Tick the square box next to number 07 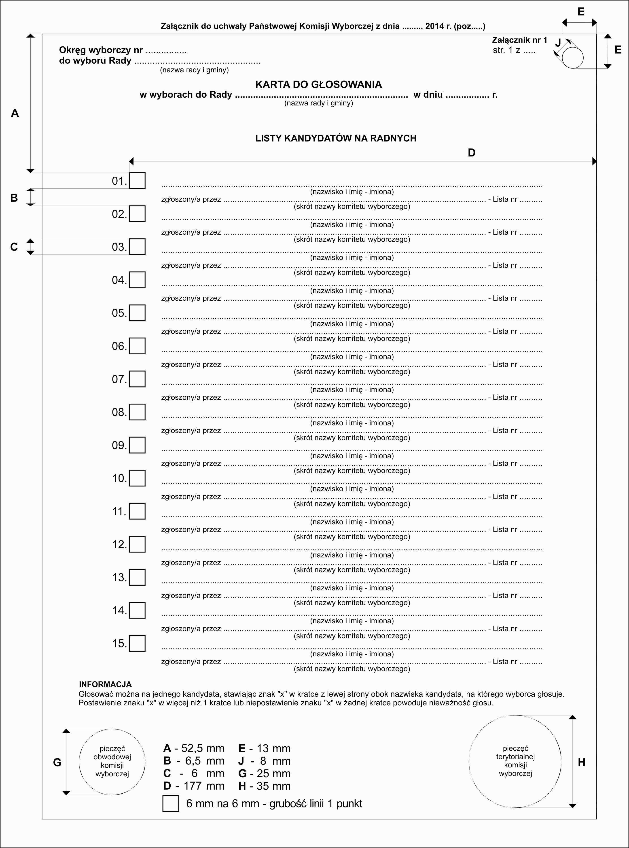[x=137, y=379]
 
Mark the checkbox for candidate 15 [x=137, y=643]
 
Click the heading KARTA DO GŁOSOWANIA [x=318, y=84]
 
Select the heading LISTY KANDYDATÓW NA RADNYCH [x=336, y=138]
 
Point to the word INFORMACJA [x=105, y=684]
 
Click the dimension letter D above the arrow [x=471, y=153]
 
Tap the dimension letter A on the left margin [x=15, y=113]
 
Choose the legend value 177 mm [x=204, y=786]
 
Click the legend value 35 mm [x=273, y=786]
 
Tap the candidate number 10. [x=119, y=478]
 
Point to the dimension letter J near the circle [x=558, y=43]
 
